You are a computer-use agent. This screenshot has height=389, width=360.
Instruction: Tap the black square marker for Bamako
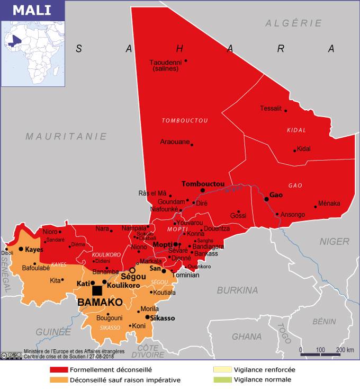(x=97, y=290)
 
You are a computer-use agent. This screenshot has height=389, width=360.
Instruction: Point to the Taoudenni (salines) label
(x=165, y=65)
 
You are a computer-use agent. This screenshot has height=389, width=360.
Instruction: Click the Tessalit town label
(x=271, y=109)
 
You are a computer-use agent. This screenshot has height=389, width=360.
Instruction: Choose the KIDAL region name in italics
(x=296, y=130)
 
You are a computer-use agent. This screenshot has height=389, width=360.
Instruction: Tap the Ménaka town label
(x=329, y=204)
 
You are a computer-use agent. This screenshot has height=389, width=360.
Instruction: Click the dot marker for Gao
(x=266, y=199)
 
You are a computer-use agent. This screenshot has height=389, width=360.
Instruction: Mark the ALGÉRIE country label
(x=294, y=23)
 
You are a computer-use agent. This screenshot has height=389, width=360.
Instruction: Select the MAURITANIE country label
(x=67, y=136)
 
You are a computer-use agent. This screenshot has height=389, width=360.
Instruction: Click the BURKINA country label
(x=237, y=290)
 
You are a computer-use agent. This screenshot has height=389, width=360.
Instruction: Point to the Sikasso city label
(x=163, y=317)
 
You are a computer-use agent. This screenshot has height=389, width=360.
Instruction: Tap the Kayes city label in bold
(x=34, y=249)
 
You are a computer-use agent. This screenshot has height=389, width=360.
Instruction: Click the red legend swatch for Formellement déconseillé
(x=59, y=370)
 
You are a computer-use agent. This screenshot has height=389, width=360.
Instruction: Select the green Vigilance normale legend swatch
(x=223, y=379)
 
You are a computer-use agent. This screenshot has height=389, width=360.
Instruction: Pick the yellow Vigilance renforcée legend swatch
(x=223, y=370)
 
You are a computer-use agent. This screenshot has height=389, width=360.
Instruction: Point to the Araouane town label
(x=174, y=142)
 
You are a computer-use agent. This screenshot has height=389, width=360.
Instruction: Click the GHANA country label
(x=247, y=337)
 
